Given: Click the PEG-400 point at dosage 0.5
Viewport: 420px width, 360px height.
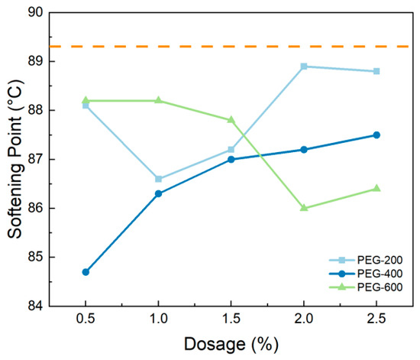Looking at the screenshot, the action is (x=86, y=272).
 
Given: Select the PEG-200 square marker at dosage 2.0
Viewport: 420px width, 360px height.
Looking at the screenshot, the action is (x=304, y=66).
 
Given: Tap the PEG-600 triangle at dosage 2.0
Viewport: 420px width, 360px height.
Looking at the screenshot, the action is (x=304, y=207).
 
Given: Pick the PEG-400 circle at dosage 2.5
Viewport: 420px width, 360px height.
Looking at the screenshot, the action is (x=376, y=135).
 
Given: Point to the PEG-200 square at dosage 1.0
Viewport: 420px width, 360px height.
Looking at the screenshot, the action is (x=158, y=179).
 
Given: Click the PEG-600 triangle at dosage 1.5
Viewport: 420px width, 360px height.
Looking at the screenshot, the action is (x=231, y=119).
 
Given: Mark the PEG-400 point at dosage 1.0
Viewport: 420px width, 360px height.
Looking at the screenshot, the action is (x=158, y=193).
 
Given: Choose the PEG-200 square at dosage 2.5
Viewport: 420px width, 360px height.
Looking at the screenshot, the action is (x=376, y=71).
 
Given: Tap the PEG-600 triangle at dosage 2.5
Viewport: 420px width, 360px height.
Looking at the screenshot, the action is (x=376, y=188).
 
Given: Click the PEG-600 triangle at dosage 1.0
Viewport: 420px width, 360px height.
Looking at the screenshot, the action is (x=158, y=100).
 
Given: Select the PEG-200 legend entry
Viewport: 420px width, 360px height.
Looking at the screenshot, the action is (x=366, y=260).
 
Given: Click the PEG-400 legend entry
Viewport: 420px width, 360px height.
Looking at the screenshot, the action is (x=366, y=274).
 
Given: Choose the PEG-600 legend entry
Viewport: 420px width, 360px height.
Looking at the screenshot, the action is (x=366, y=287).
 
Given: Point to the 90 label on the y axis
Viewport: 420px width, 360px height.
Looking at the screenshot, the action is (x=35, y=11).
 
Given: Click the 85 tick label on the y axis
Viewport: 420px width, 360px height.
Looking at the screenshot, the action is (x=35, y=257).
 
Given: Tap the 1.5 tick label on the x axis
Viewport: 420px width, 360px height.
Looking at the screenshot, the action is (x=231, y=319).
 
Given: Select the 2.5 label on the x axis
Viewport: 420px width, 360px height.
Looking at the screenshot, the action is (x=376, y=319).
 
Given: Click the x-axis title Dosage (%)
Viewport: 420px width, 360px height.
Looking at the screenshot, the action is (x=231, y=344).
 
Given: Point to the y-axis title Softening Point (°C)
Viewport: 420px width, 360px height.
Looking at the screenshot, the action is (x=15, y=159).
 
